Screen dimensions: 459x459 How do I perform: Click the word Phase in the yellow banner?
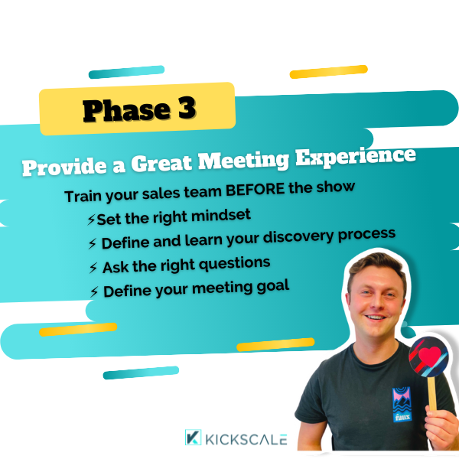pos(126,110)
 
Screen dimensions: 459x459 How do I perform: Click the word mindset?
pos(221,216)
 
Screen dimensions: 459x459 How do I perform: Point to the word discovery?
pos(298,237)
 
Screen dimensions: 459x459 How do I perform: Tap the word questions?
pos(235,265)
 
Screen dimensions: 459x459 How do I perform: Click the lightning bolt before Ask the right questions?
pos(93,268)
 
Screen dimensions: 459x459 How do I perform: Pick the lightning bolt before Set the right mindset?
pos(91,220)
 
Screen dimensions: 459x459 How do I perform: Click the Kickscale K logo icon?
pos(193,438)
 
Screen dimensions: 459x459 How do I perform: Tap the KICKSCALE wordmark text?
pos(246,439)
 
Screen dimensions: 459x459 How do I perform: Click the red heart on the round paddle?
pos(429,356)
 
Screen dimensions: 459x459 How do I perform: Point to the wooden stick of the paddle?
pos(431,393)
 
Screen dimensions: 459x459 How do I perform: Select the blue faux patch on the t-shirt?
pos(402,404)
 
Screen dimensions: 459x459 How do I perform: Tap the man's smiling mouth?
pos(376,317)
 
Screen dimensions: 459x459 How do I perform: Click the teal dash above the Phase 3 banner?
pos(126,72)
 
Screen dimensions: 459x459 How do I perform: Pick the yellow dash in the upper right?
pos(328,71)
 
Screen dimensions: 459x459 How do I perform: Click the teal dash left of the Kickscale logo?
pos(141,373)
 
